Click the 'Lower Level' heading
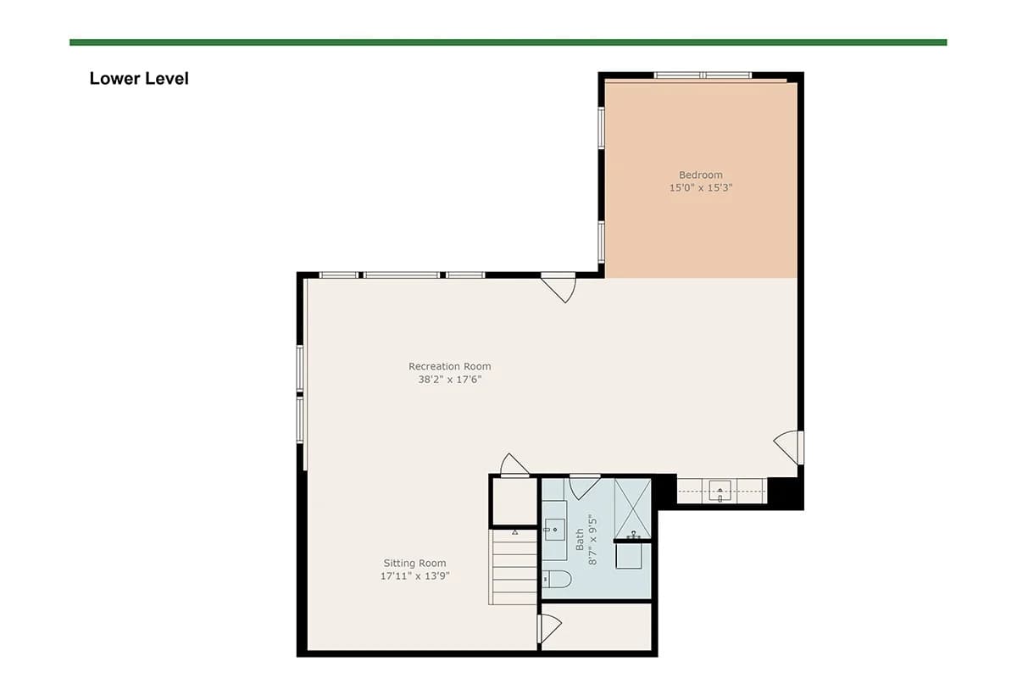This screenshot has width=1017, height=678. click(x=139, y=79)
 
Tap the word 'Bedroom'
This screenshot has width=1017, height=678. click(x=701, y=175)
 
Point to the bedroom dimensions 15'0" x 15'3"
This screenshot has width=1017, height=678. click(x=701, y=187)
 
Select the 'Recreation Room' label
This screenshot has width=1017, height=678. click(x=449, y=366)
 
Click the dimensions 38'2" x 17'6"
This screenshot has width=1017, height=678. click(x=449, y=379)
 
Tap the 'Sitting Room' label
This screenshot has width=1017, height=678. click(x=414, y=563)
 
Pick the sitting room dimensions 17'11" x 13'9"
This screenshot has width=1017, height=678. click(x=414, y=575)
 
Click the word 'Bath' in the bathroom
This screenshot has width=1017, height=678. click(x=580, y=539)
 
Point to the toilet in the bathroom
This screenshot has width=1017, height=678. click(x=557, y=579)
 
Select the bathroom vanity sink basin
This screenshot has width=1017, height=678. click(x=554, y=530)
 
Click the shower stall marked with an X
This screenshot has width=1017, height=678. click(x=633, y=508)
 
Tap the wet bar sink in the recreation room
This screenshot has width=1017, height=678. click(x=720, y=491)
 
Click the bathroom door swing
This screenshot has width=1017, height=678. click(x=585, y=486)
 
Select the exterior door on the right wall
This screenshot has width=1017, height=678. click(x=789, y=447)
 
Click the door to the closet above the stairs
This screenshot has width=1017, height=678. click(x=514, y=465)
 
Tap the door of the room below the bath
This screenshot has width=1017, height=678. click(x=549, y=629)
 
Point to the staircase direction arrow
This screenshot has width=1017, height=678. click(x=515, y=532)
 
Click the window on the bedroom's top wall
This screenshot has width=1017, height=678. click(x=703, y=75)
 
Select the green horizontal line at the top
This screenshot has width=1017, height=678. click(x=508, y=42)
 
